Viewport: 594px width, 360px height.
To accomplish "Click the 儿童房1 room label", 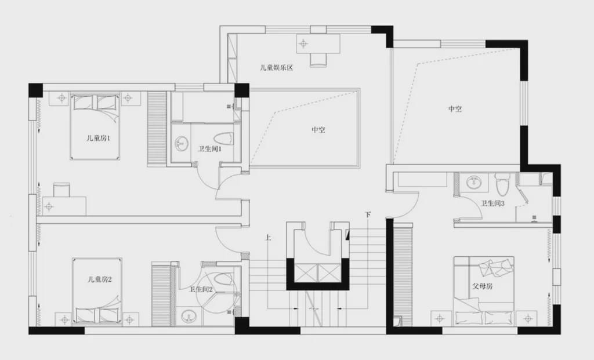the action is [98, 138].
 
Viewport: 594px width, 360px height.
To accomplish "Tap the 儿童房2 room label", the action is [99, 280].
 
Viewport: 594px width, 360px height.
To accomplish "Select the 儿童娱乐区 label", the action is [277, 68].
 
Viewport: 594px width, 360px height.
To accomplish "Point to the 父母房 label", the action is [483, 286].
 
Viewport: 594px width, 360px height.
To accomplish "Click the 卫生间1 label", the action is [210, 149].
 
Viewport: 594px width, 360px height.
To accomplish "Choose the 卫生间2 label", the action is [201, 290].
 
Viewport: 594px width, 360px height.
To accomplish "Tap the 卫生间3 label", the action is [493, 203].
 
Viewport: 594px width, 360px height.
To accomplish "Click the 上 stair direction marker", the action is [268, 238].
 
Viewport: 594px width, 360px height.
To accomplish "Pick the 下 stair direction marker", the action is [368, 214].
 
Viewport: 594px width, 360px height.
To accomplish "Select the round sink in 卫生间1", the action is [182, 143].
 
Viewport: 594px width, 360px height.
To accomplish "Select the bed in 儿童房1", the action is [95, 126].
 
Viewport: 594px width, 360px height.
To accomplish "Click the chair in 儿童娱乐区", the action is [318, 60].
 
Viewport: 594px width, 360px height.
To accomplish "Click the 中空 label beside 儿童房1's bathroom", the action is [318, 130].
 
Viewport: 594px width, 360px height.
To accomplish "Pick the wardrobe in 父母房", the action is [403, 275].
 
